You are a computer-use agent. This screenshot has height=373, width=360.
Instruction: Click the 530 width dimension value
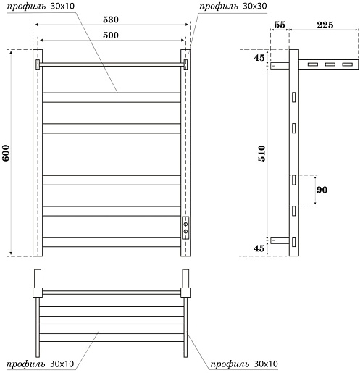pos(111,20)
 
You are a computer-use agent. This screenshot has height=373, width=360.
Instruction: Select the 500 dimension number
pos(111,35)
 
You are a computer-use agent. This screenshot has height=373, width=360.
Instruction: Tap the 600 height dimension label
pos(6,153)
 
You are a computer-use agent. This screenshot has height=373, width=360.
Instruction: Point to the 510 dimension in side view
pos(261,154)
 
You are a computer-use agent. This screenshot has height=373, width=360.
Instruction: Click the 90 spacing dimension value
pos(322,190)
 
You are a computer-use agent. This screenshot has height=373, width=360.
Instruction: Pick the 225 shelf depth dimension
pos(325,25)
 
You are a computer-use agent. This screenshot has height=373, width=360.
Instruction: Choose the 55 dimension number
pos(280,25)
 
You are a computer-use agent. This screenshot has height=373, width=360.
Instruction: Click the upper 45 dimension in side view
pos(259,58)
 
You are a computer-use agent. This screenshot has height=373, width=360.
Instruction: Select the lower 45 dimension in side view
pos(259,248)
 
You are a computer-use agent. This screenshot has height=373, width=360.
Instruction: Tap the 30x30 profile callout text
pos(233,7)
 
